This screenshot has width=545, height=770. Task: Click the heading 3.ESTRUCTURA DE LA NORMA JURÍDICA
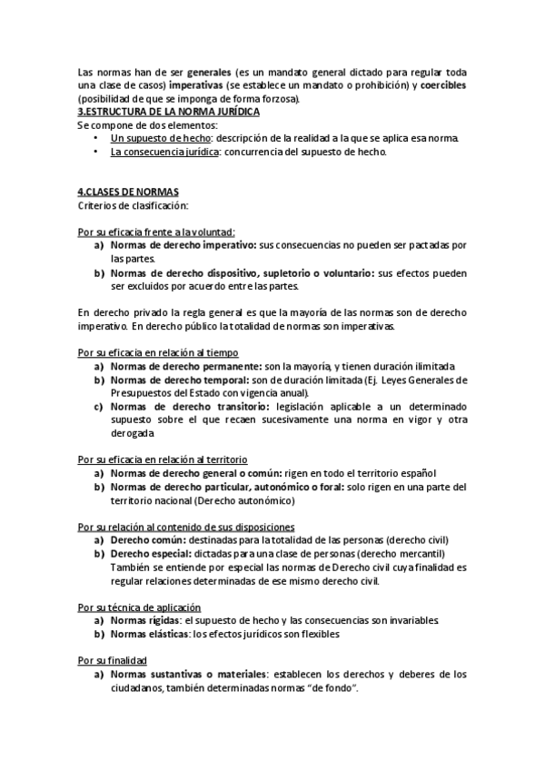[169, 111]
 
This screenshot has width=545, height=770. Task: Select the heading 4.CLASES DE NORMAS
[128, 192]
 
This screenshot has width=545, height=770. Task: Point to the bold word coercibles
[443, 84]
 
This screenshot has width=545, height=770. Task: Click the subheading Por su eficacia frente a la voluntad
[156, 232]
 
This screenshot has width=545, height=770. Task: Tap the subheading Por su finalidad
[113, 660]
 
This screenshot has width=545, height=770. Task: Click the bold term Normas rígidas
[141, 620]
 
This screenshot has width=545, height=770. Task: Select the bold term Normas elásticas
[144, 634]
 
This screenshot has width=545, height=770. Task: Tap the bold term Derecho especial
[148, 554]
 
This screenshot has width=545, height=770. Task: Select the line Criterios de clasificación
[133, 206]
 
